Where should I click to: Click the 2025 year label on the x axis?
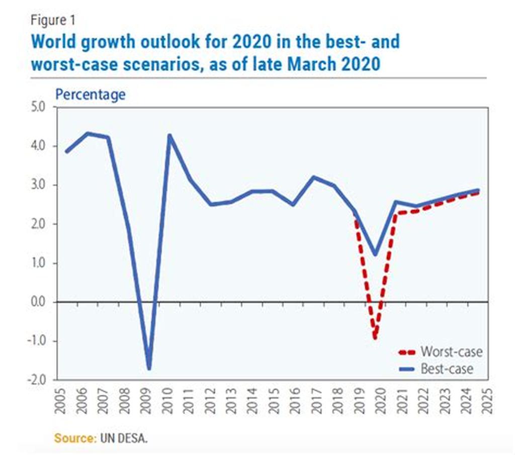[x=485, y=401]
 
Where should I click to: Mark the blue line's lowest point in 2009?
[x=149, y=369]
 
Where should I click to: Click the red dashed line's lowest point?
[x=375, y=337]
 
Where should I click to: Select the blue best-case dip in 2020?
[x=375, y=254]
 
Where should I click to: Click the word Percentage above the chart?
[x=90, y=94]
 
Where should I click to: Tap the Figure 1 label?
[x=53, y=20]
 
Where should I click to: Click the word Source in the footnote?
[x=74, y=438]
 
